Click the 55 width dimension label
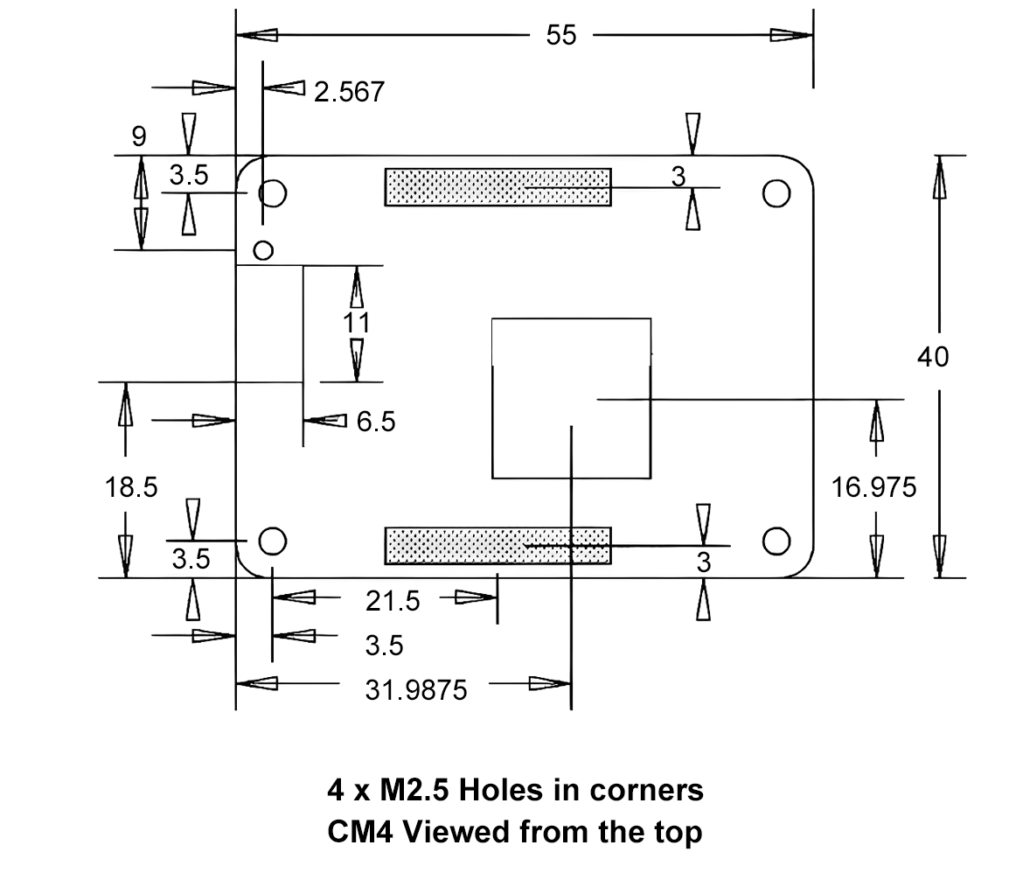click(x=561, y=36)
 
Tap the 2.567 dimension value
click(x=349, y=92)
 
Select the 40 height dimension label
click(x=933, y=357)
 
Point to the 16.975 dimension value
click(x=874, y=487)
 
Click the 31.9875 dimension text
click(x=415, y=690)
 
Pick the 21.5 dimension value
click(x=393, y=601)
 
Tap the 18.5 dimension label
click(x=131, y=487)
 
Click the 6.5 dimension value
click(x=376, y=423)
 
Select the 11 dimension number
click(x=356, y=323)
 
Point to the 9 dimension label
click(x=139, y=136)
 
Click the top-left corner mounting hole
click(x=273, y=192)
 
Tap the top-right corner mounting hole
click(x=776, y=192)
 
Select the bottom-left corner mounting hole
click(x=273, y=541)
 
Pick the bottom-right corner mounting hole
click(x=776, y=541)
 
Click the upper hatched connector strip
click(x=498, y=187)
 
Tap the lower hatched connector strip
click(x=498, y=545)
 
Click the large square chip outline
click(x=572, y=398)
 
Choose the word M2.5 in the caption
click(x=414, y=790)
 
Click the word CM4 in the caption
click(x=356, y=832)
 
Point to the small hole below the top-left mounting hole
click(x=262, y=250)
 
